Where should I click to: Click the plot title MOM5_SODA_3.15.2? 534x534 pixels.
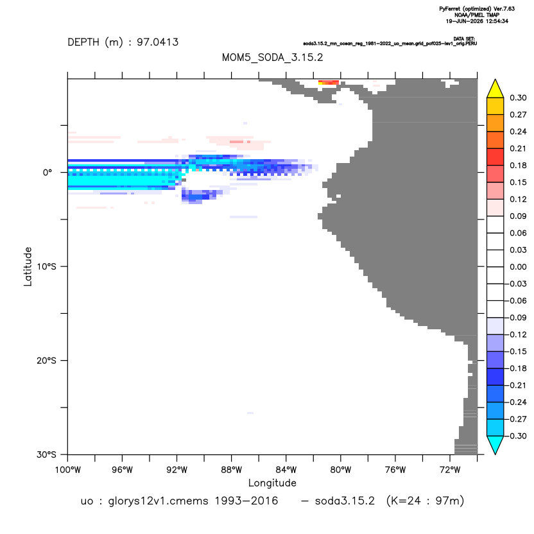click(x=272, y=57)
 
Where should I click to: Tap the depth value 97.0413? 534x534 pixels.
click(x=158, y=42)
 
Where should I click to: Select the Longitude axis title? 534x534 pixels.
click(x=272, y=483)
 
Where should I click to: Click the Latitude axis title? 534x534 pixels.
click(x=28, y=266)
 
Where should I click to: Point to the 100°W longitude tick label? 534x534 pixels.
click(x=68, y=470)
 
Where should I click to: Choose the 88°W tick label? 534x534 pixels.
click(x=231, y=470)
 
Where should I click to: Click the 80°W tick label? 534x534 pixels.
click(x=341, y=470)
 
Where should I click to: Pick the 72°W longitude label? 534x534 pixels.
click(x=450, y=470)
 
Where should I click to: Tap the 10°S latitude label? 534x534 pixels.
click(x=46, y=266)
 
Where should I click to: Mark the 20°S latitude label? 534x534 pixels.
click(x=46, y=360)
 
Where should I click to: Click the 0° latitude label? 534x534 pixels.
click(x=47, y=172)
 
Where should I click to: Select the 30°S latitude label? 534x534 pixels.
click(x=46, y=454)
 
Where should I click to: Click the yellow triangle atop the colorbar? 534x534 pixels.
click(x=495, y=89)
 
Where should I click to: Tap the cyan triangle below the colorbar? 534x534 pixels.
click(x=495, y=444)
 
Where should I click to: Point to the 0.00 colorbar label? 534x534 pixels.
click(x=518, y=267)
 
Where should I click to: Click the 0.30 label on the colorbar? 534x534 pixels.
click(x=518, y=98)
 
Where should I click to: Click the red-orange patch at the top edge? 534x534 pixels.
click(x=329, y=82)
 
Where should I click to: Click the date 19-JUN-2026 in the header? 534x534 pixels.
click(x=465, y=21)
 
